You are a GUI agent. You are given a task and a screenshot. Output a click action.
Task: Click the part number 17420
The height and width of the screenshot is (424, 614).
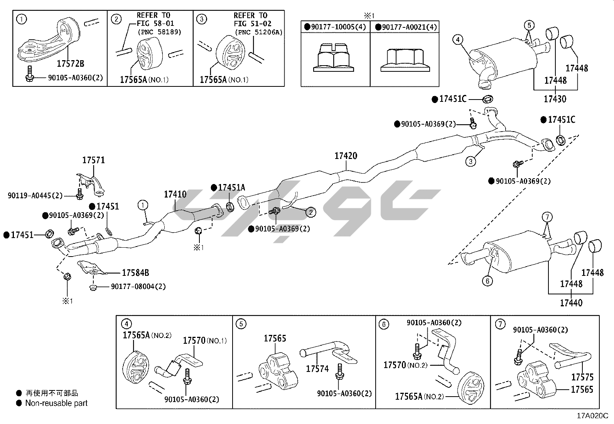click(346, 156)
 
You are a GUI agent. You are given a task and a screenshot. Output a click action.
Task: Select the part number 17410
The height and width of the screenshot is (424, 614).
click(175, 194)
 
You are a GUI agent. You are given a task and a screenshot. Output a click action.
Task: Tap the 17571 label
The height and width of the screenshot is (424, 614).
click(94, 160)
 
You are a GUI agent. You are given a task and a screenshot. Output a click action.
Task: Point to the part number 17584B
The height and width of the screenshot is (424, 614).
click(135, 273)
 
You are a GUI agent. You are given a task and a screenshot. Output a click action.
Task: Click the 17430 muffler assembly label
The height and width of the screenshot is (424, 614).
click(555, 99)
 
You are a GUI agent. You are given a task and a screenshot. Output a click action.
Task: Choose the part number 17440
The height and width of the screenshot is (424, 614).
click(571, 303)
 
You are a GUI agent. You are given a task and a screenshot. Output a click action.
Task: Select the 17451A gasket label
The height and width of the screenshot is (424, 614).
click(231, 188)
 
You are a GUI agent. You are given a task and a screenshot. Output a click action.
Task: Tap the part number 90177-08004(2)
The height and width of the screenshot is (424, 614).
click(138, 287)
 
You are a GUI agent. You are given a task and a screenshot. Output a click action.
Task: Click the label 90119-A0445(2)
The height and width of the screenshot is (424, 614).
click(35, 196)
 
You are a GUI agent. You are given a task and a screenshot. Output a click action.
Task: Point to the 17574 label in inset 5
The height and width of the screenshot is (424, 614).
click(317, 369)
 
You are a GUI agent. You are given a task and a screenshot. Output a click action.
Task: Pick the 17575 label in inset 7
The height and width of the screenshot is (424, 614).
click(582, 377)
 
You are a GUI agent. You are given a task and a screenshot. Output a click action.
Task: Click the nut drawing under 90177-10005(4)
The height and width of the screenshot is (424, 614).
click(334, 58)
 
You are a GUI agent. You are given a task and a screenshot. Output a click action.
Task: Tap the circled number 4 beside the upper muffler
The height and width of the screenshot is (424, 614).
click(457, 39)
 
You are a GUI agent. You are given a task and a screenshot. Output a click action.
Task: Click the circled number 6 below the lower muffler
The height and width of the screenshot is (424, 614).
click(487, 280)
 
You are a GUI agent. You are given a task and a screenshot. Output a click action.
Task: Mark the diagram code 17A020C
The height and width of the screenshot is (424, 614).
click(592, 416)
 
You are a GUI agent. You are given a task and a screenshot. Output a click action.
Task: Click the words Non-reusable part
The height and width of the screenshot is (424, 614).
click(56, 403)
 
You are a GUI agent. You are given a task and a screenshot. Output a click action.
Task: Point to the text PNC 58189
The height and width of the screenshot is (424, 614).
click(159, 32)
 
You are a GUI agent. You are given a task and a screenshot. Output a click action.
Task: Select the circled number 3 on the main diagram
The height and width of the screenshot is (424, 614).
click(471, 162)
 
